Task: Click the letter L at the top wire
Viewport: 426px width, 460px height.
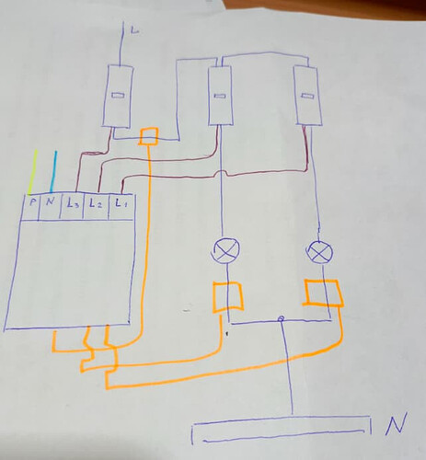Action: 134,30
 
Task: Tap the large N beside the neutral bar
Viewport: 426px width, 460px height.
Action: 397,424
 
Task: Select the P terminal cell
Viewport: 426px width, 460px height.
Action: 31,207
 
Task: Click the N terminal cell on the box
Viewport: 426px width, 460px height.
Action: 50,207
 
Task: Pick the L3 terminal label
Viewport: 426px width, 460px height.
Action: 73,203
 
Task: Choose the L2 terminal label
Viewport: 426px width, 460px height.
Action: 95,203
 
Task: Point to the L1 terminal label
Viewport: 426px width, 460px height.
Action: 121,202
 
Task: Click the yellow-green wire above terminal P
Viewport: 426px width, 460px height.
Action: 32,172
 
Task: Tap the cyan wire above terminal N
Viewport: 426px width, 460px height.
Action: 53,172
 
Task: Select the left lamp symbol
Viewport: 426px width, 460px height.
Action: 226,250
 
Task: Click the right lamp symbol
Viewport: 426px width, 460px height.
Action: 319,252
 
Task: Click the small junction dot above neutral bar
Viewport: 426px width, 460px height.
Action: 280,319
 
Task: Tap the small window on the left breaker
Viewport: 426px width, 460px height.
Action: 118,96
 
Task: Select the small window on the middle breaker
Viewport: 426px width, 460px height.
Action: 219,97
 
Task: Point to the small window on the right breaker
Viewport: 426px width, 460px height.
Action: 307,96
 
